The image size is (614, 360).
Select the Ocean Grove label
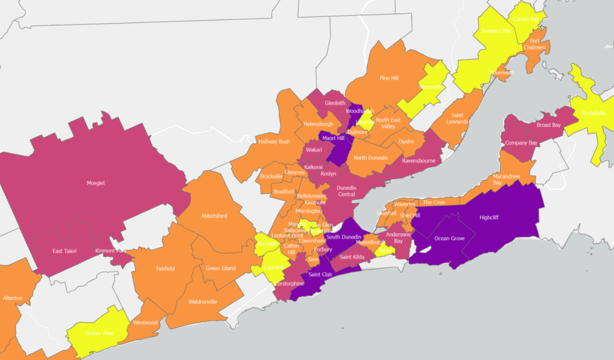click(449, 238)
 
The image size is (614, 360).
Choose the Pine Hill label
click(389, 78)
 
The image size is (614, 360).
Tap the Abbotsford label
click(214, 216)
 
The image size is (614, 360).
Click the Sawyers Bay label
click(496, 31)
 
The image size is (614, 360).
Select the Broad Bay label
click(549, 125)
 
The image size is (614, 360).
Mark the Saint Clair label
click(320, 275)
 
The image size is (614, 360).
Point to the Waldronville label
click(203, 302)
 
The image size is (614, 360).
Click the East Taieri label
click(65, 251)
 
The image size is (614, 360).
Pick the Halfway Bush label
click(274, 141)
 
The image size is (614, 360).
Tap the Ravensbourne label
click(419, 160)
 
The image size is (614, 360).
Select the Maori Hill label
click(332, 139)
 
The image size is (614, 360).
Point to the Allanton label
click(12, 298)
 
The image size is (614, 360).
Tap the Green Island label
click(220, 268)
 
